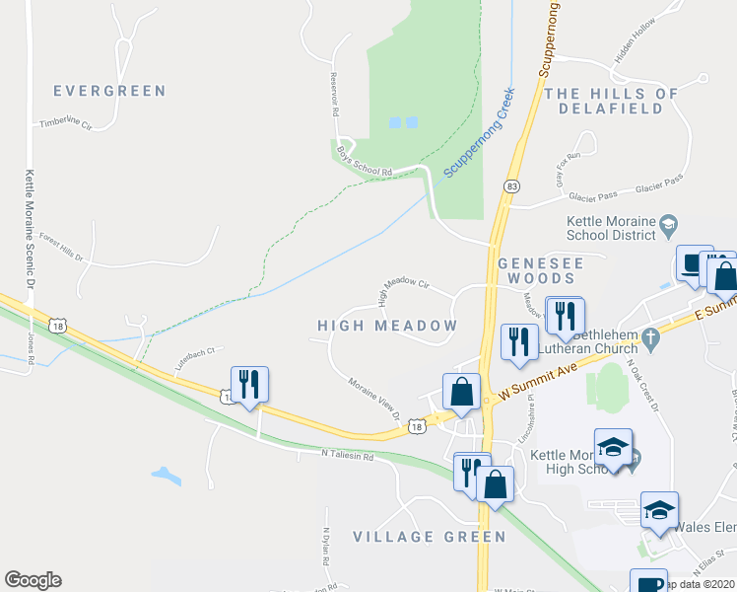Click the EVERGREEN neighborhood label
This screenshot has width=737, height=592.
pyautogui.click(x=109, y=91)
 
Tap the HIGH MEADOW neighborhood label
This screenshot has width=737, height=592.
pyautogui.click(x=387, y=326)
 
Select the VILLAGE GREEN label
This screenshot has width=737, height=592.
pyautogui.click(x=430, y=537)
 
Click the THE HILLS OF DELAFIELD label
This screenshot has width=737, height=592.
pyautogui.click(x=612, y=101)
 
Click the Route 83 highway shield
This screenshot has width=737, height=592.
pyautogui.click(x=510, y=185)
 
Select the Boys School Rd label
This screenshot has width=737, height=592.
pyautogui.click(x=365, y=162)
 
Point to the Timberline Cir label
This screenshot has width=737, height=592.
pyautogui.click(x=65, y=125)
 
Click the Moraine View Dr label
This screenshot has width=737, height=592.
pyautogui.click(x=374, y=397)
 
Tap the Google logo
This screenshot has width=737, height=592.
pyautogui.click(x=33, y=580)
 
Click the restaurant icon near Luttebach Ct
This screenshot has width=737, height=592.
pyautogui.click(x=247, y=383)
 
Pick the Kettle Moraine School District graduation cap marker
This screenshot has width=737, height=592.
pyautogui.click(x=669, y=225)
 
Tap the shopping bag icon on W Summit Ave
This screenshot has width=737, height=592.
pyautogui.click(x=461, y=392)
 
